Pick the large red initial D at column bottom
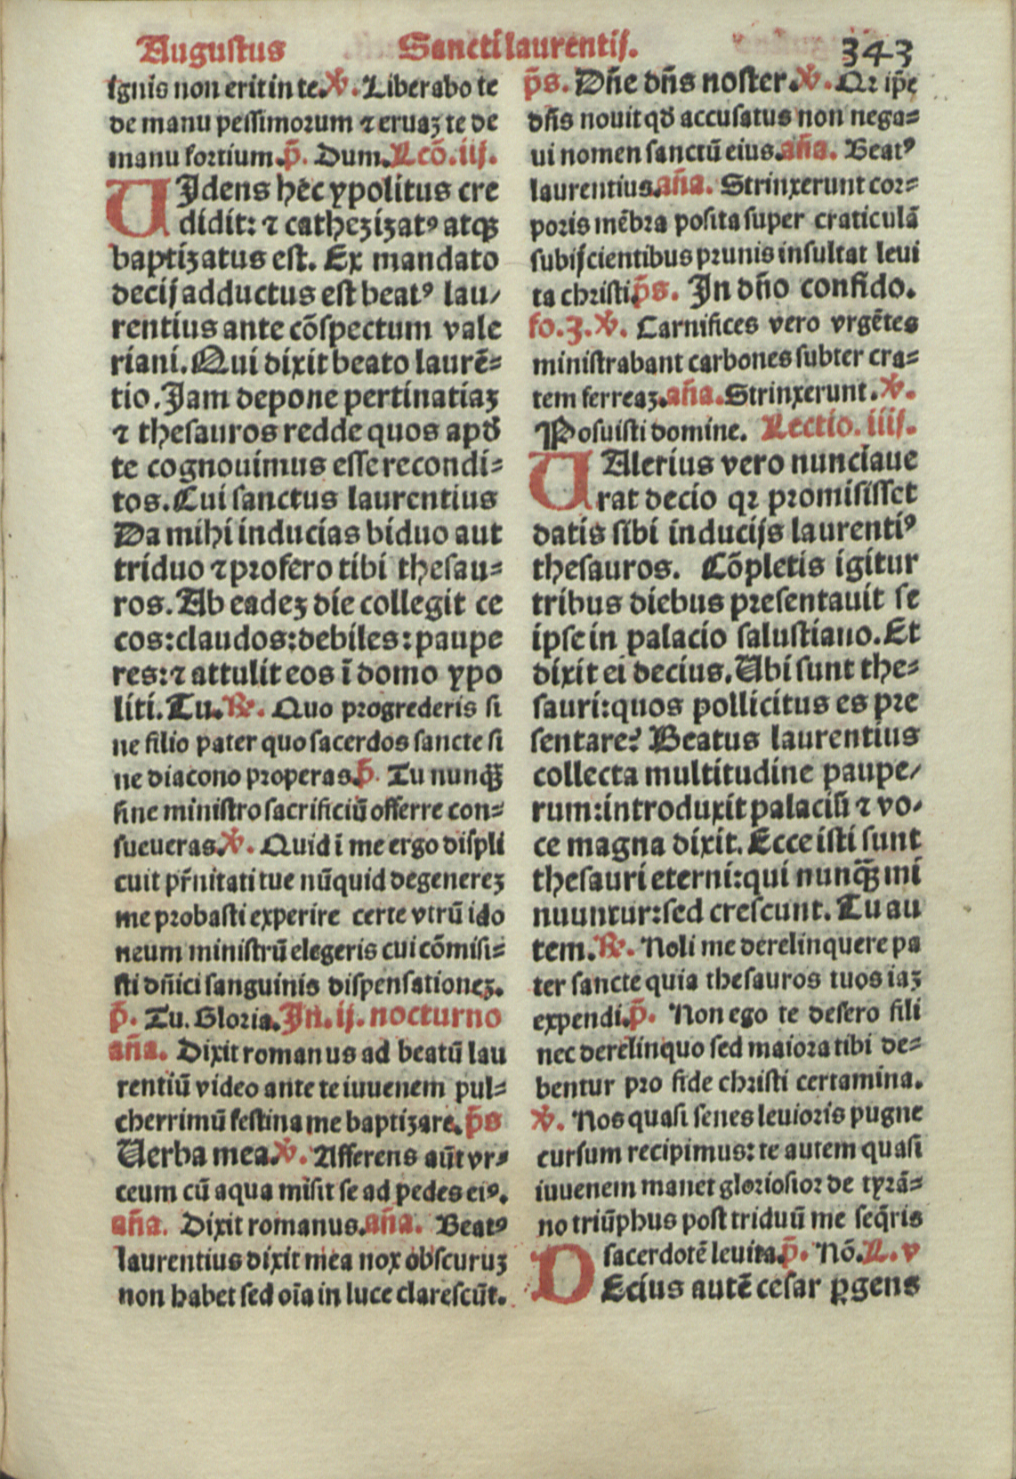coord(560,1270)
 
